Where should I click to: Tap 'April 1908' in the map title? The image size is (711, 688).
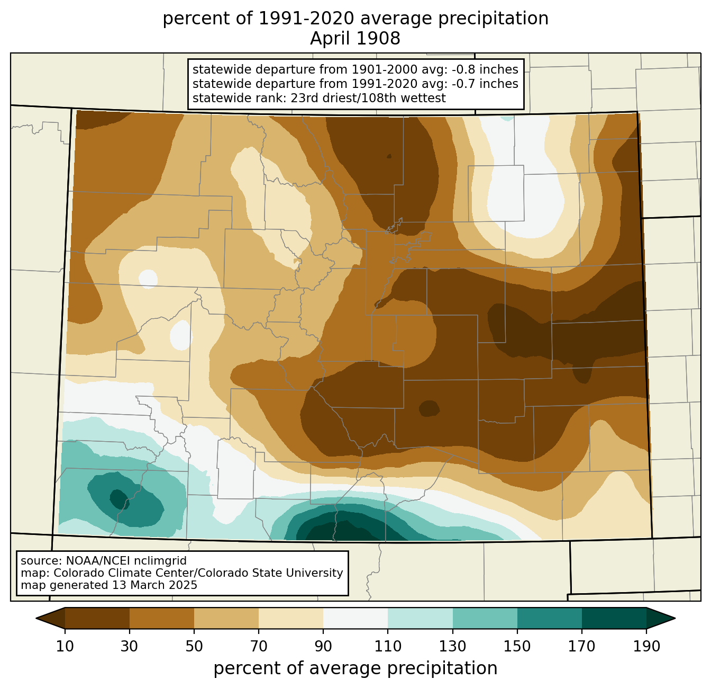[355, 39]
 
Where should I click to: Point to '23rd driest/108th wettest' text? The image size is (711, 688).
[368, 98]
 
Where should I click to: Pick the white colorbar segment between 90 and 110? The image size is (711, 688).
[355, 619]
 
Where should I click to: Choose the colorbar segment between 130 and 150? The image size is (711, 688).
[485, 619]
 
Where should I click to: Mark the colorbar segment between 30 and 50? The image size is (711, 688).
[162, 619]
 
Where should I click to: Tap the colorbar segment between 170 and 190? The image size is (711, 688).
[614, 619]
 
